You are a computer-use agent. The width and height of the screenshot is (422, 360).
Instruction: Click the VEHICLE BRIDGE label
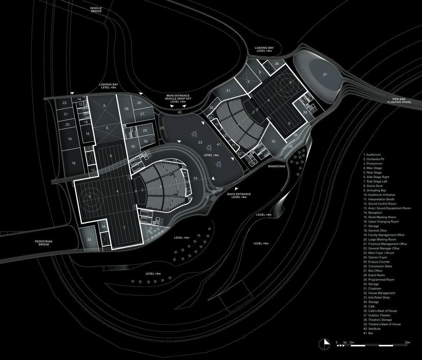[96, 10]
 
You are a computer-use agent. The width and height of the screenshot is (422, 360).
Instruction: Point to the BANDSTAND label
[277, 167]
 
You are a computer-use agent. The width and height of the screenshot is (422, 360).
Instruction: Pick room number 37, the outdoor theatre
[325, 75]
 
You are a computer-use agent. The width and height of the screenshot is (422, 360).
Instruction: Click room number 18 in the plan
[74, 163]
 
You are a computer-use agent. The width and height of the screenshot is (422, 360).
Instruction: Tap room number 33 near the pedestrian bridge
[89, 239]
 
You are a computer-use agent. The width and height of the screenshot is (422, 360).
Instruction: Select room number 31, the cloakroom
[228, 91]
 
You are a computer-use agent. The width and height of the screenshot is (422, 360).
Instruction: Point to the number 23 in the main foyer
[201, 143]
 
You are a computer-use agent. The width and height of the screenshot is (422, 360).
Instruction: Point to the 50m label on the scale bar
[408, 342]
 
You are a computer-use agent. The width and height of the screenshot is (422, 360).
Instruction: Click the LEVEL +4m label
[263, 215]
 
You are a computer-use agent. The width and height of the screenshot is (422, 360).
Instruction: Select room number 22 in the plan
[65, 103]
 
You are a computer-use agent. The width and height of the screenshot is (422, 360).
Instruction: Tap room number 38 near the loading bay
[277, 64]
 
